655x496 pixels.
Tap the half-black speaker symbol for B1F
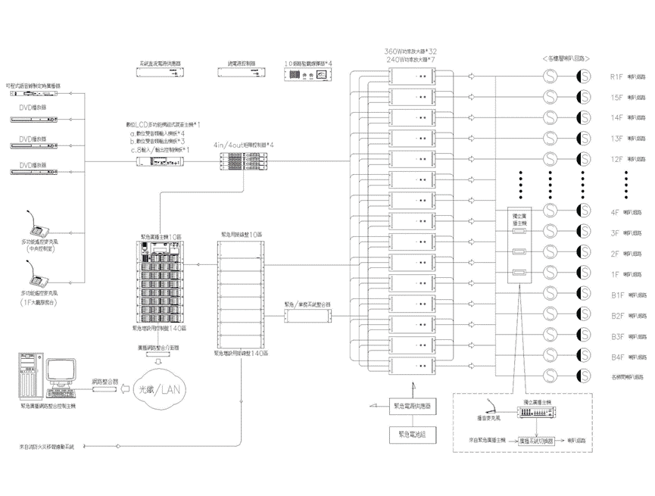[x=583, y=294]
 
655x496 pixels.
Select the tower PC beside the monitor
[x=29, y=377]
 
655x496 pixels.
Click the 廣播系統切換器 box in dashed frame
[x=537, y=441]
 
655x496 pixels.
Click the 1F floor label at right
[x=616, y=273]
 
